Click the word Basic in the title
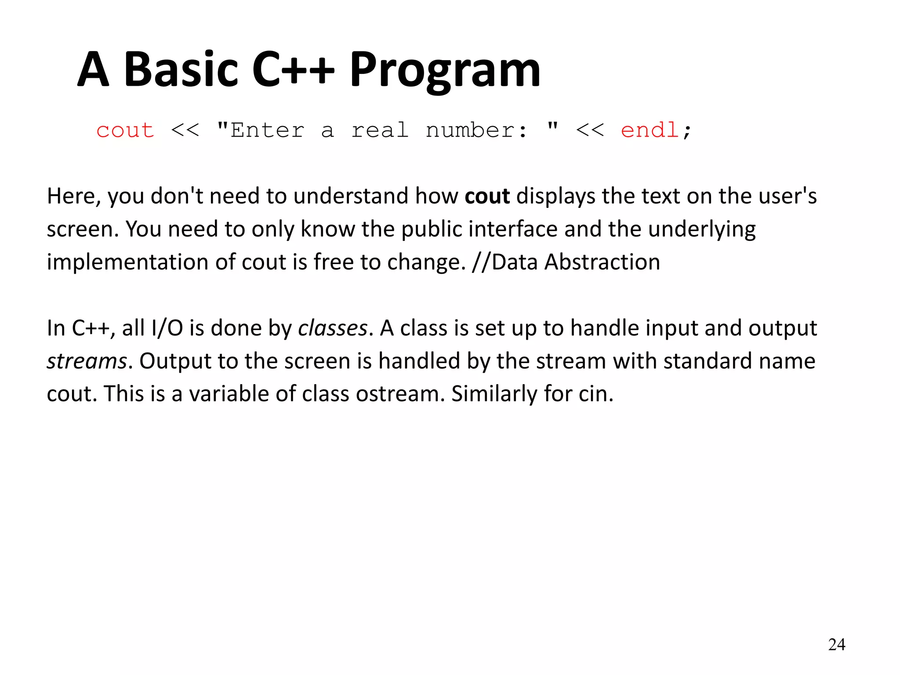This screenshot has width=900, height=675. tap(181, 69)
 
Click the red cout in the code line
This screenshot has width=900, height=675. tap(125, 131)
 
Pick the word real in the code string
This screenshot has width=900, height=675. tap(380, 131)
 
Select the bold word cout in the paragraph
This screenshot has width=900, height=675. tap(487, 196)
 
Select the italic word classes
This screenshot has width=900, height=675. tap(333, 328)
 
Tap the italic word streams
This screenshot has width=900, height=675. tap(87, 361)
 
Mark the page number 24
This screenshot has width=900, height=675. tap(836, 645)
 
